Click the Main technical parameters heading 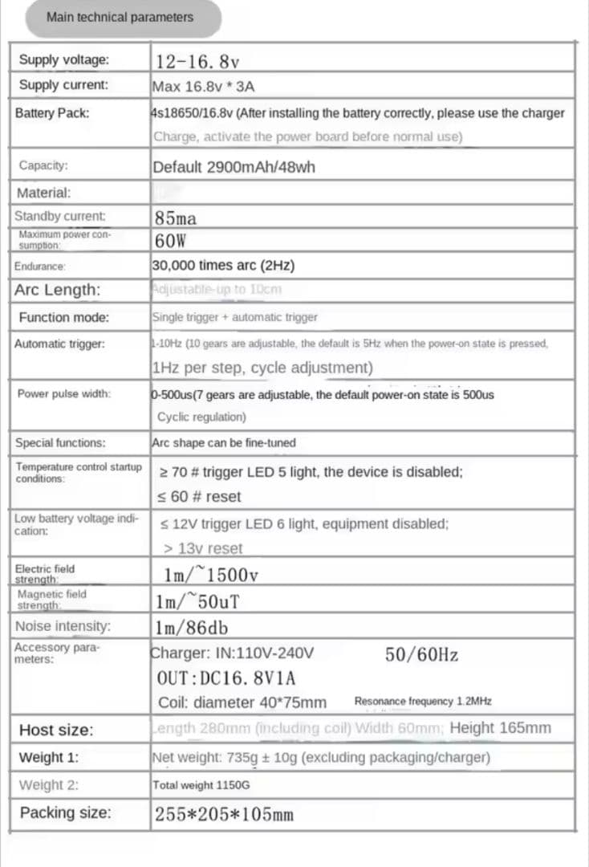tap(120, 17)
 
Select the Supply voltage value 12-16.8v tap(197, 61)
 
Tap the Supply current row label tap(63, 85)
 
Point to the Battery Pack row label tap(52, 113)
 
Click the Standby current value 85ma tap(176, 218)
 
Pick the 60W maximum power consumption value tap(170, 240)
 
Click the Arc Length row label tap(57, 290)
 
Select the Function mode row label tap(63, 317)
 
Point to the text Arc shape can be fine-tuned tap(223, 442)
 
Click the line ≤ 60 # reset tap(200, 496)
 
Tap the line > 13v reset tap(202, 548)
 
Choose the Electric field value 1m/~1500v tap(209, 575)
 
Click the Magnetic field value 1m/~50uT tap(199, 600)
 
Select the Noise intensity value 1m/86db tap(192, 626)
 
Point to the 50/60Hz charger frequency tap(421, 654)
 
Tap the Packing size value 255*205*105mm tap(224, 814)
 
